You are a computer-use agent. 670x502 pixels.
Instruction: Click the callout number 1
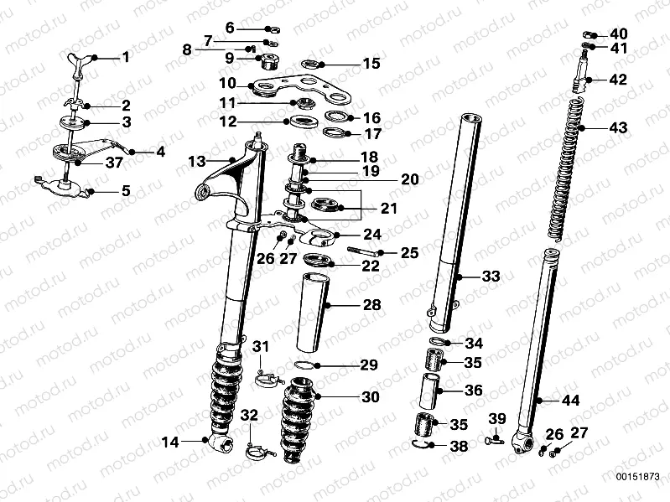coord(125,58)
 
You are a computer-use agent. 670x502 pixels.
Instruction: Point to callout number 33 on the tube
coord(491,276)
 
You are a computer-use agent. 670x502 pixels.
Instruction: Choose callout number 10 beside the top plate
coord(227,83)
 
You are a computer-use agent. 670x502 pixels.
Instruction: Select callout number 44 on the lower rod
coord(570,401)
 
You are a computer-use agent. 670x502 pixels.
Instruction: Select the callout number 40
coord(618,34)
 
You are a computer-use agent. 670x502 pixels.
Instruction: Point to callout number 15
coord(370,64)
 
